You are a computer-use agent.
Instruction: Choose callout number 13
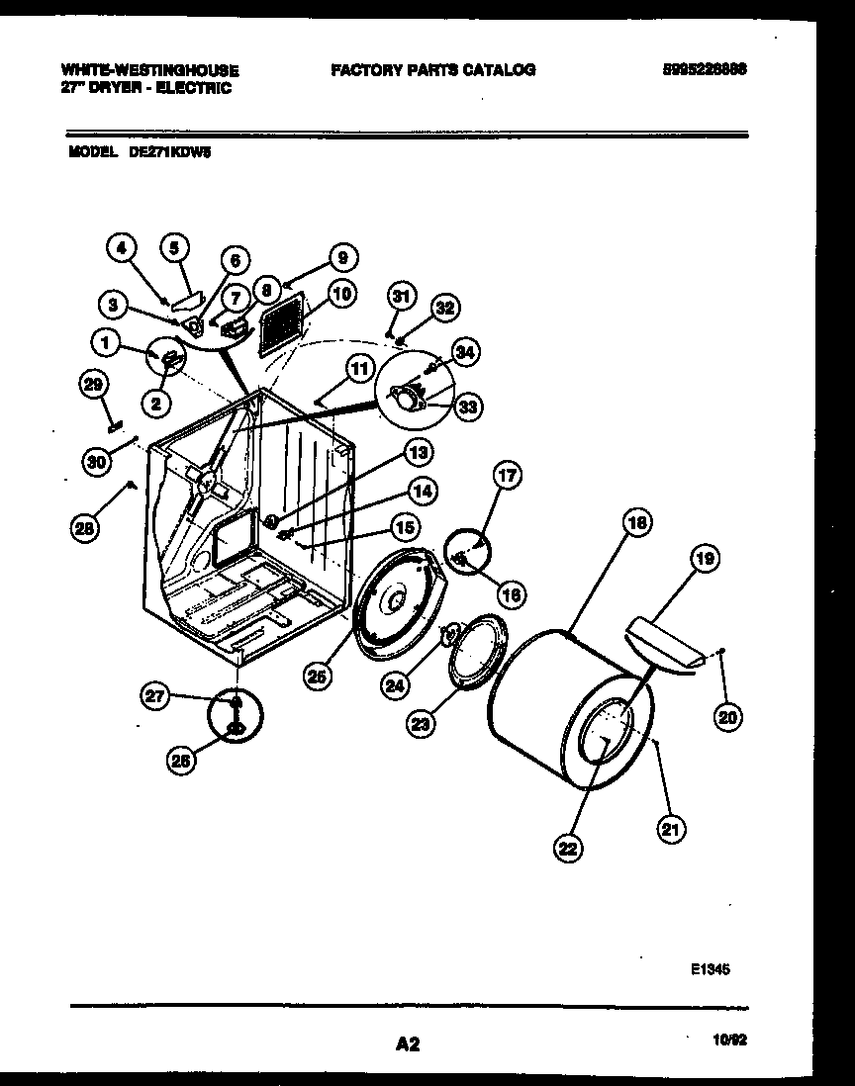tap(420, 453)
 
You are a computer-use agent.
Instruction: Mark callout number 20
tap(727, 719)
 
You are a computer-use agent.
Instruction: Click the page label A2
tap(408, 1043)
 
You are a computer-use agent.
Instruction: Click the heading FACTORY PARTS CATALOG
tap(432, 69)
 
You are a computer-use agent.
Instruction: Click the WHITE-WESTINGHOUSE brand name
tap(149, 70)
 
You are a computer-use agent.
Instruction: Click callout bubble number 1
tap(104, 341)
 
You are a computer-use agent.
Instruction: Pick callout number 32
tap(444, 308)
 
